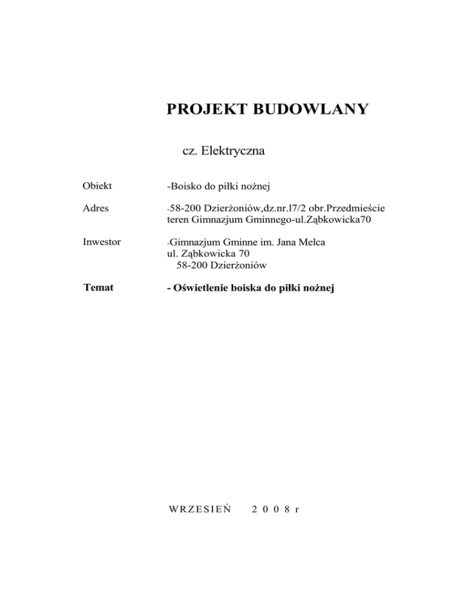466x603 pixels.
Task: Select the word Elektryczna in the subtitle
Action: [x=232, y=151]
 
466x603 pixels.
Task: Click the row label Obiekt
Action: [x=100, y=186]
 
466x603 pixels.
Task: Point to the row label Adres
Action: [x=97, y=208]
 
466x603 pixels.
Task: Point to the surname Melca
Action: [x=311, y=242]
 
